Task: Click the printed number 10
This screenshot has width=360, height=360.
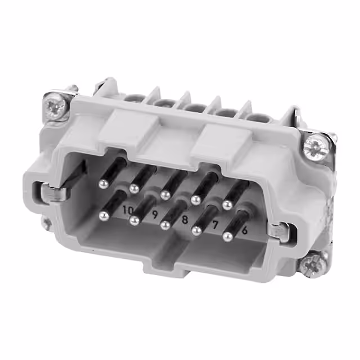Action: click(128, 210)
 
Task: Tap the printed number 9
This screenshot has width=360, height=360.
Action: click(155, 214)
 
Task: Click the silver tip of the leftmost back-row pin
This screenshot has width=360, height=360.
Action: click(103, 183)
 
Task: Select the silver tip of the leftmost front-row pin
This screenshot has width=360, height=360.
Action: click(103, 215)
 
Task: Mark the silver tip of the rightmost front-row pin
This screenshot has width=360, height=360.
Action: click(228, 237)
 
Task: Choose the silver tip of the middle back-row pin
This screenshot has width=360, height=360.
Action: click(165, 195)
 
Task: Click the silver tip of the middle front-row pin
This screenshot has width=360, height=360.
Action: click(165, 225)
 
